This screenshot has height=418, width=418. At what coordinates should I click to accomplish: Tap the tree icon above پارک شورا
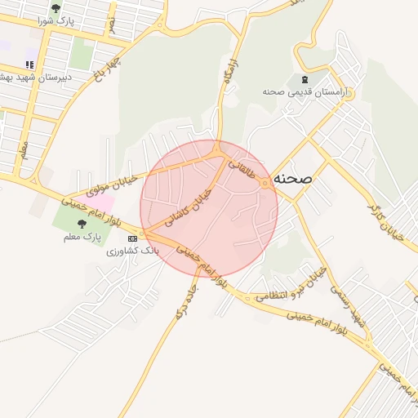pos(56,8)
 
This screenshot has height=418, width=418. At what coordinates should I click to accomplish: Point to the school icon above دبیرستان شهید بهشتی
pos(29,64)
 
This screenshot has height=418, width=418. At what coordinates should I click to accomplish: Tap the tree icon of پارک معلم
pos(79,224)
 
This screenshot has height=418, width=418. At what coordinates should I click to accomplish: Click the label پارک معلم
pos(79,237)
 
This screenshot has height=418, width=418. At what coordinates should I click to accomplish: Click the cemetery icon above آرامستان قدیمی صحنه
pos(305,79)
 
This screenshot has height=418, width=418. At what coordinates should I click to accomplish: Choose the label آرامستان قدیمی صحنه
pos(305,92)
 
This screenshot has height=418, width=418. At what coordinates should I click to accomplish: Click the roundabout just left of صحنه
pos(265,184)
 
